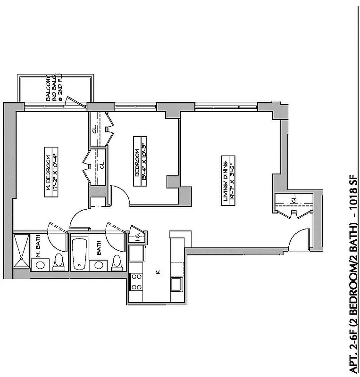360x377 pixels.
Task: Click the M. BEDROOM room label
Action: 48,174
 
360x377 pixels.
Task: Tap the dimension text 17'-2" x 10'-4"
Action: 55,174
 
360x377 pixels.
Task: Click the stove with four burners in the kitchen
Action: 136,282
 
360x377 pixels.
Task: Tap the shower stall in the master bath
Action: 21,251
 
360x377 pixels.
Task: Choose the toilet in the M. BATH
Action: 59,262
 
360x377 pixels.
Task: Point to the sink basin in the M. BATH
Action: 41,264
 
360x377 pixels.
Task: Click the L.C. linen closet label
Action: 136,237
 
